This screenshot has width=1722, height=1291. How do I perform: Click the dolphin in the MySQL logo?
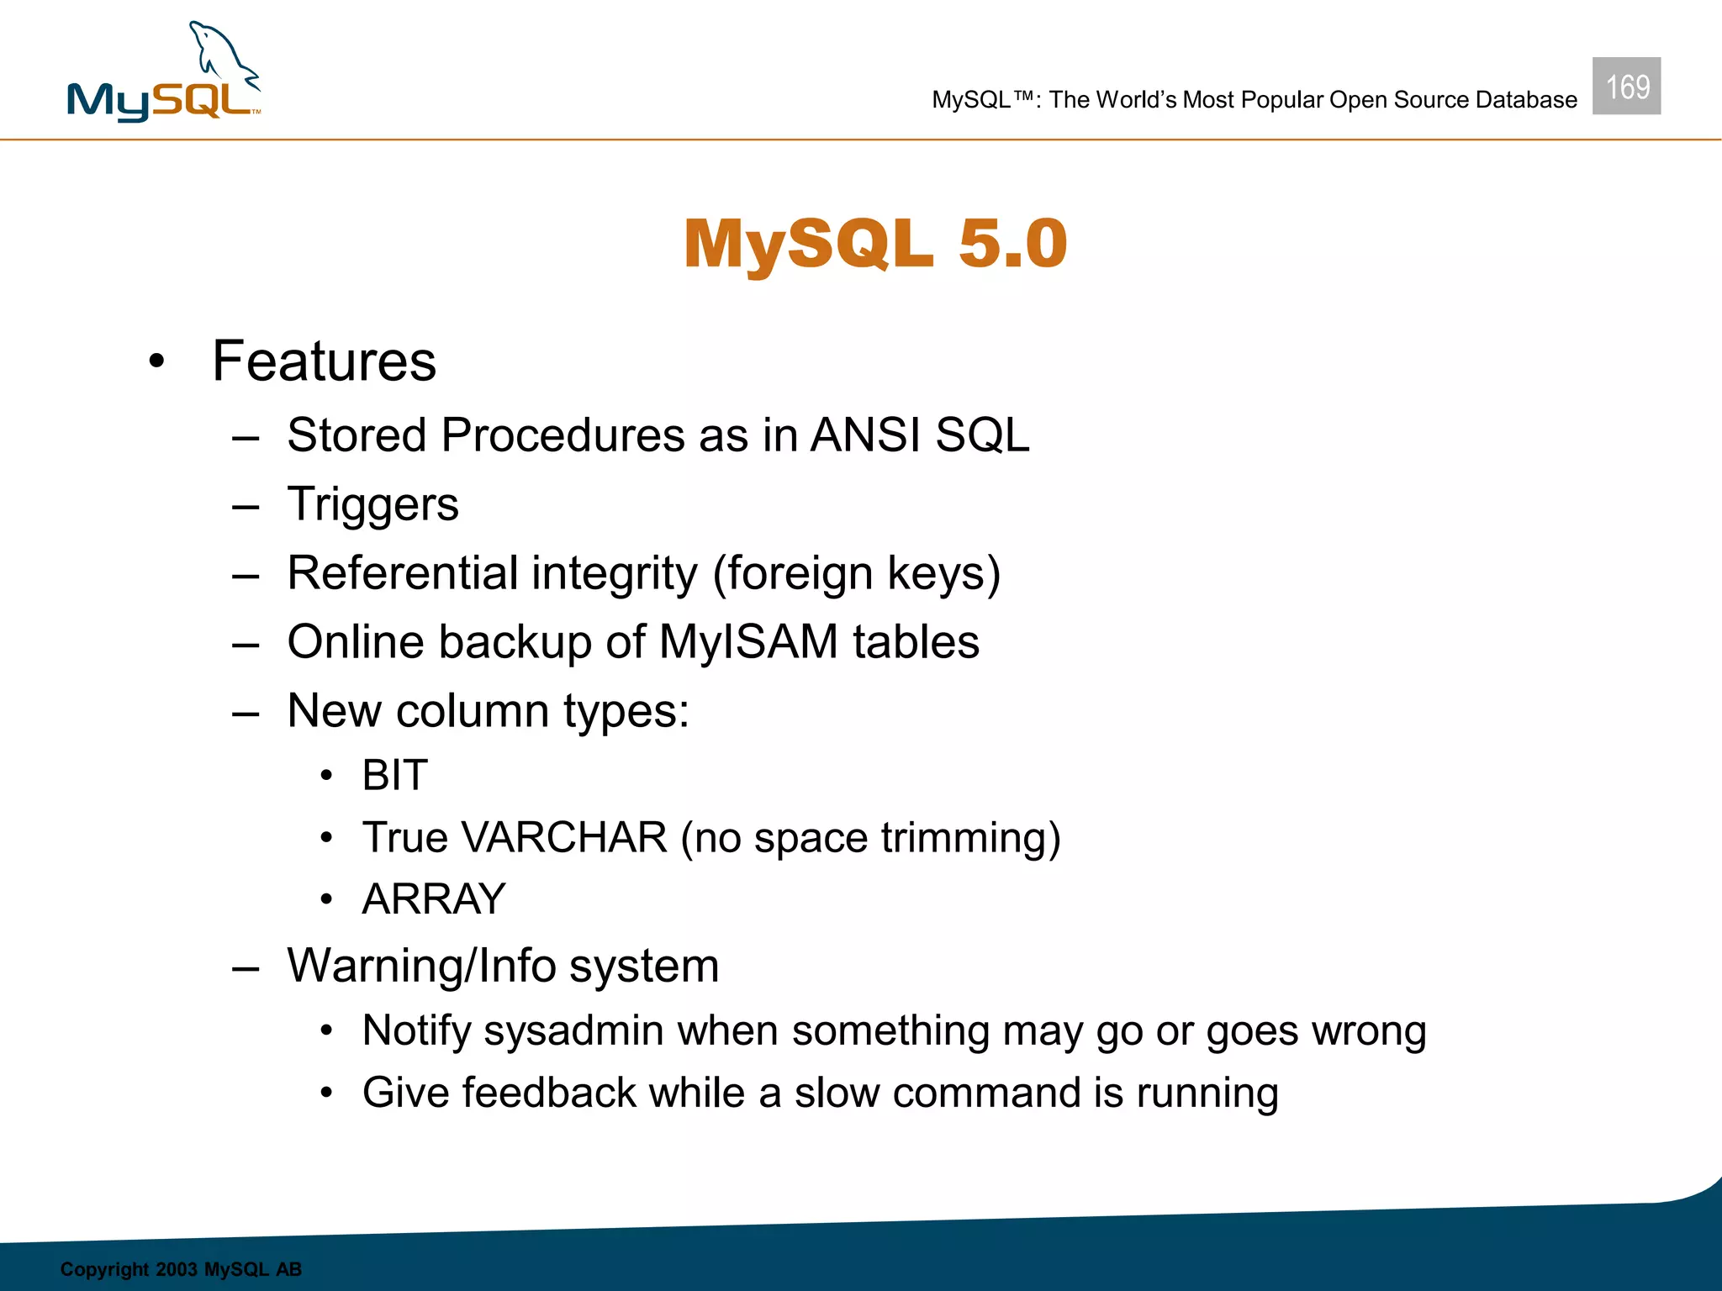(223, 55)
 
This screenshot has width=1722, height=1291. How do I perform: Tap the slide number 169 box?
(1626, 86)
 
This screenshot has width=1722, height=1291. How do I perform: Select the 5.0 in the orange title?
(1012, 244)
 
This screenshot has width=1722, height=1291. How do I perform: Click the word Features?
(324, 361)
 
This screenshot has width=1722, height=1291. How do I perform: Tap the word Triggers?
(372, 504)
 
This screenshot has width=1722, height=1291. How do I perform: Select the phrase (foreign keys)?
(857, 575)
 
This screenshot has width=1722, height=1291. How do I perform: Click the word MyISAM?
(748, 642)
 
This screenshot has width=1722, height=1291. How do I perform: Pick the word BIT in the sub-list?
(394, 775)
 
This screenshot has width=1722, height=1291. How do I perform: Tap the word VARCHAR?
(564, 838)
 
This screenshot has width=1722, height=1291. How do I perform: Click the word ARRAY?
(434, 899)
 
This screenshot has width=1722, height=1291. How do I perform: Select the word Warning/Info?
(420, 966)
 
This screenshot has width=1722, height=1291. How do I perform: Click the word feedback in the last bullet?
(548, 1093)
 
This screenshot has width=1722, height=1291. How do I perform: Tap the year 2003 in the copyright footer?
(176, 1269)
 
